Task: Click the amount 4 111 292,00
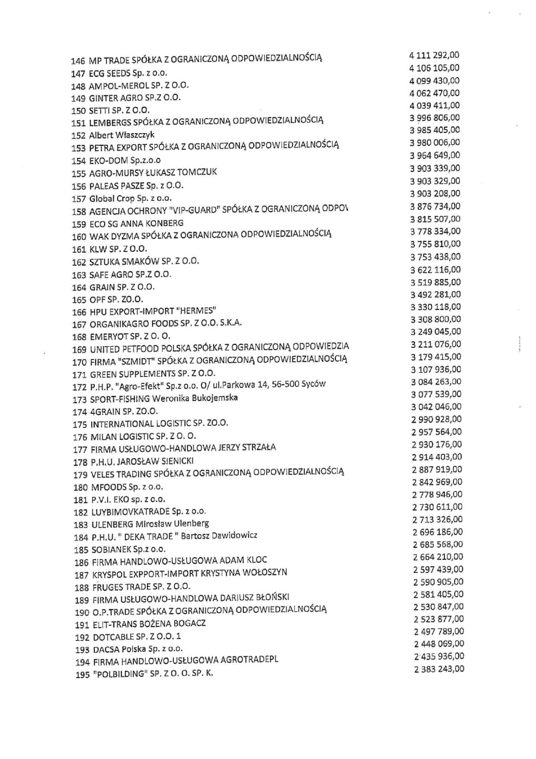click(434, 55)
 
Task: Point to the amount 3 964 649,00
click(435, 155)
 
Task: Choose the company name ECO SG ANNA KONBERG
click(136, 223)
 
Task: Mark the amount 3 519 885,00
click(435, 282)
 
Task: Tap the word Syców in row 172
click(314, 384)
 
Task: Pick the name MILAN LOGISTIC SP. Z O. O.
click(143, 436)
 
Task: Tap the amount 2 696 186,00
click(438, 532)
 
